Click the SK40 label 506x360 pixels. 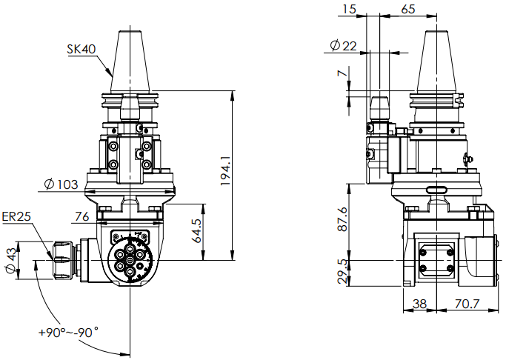click(x=81, y=50)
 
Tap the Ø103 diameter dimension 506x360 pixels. click(x=61, y=184)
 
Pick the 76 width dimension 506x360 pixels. click(x=82, y=216)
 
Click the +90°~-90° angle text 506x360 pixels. click(x=69, y=333)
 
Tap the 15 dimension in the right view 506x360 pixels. click(x=350, y=9)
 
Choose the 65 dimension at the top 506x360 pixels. click(x=407, y=9)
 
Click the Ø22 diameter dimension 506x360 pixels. click(x=342, y=46)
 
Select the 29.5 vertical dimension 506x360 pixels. click(x=342, y=270)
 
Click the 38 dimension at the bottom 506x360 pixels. click(x=419, y=303)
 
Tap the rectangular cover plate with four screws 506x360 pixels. click(x=435, y=259)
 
